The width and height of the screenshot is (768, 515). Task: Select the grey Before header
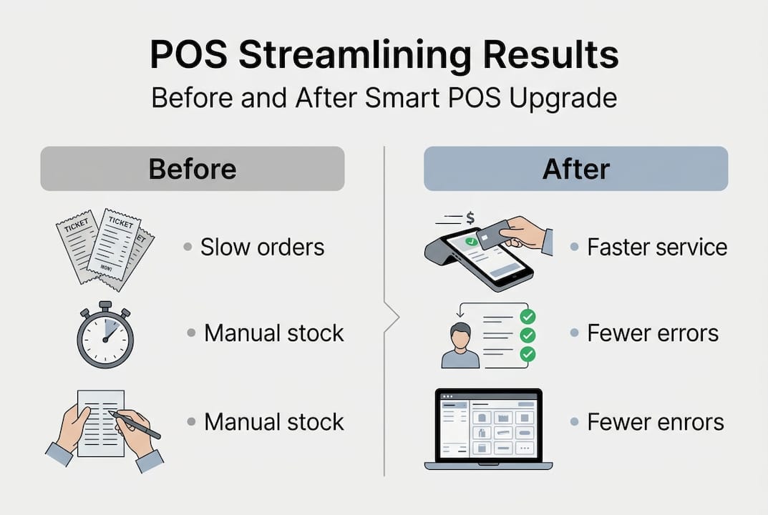[x=192, y=169]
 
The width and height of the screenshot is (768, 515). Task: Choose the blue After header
[x=575, y=169]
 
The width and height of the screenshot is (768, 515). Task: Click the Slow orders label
[x=262, y=247]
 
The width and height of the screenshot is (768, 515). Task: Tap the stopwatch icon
[x=105, y=335]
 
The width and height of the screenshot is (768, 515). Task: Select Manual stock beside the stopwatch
[x=274, y=333]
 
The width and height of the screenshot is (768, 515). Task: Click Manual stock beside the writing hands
[x=274, y=421]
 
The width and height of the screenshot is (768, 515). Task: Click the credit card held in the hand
[x=493, y=234]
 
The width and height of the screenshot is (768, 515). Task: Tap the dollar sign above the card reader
[x=470, y=216]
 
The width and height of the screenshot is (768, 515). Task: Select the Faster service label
[x=656, y=247]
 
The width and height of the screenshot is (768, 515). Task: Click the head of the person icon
[x=461, y=333]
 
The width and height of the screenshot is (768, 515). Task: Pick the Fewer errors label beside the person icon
[x=653, y=333]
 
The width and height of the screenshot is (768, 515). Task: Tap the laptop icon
[x=483, y=429]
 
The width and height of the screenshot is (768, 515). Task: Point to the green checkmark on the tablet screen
[x=470, y=242]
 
